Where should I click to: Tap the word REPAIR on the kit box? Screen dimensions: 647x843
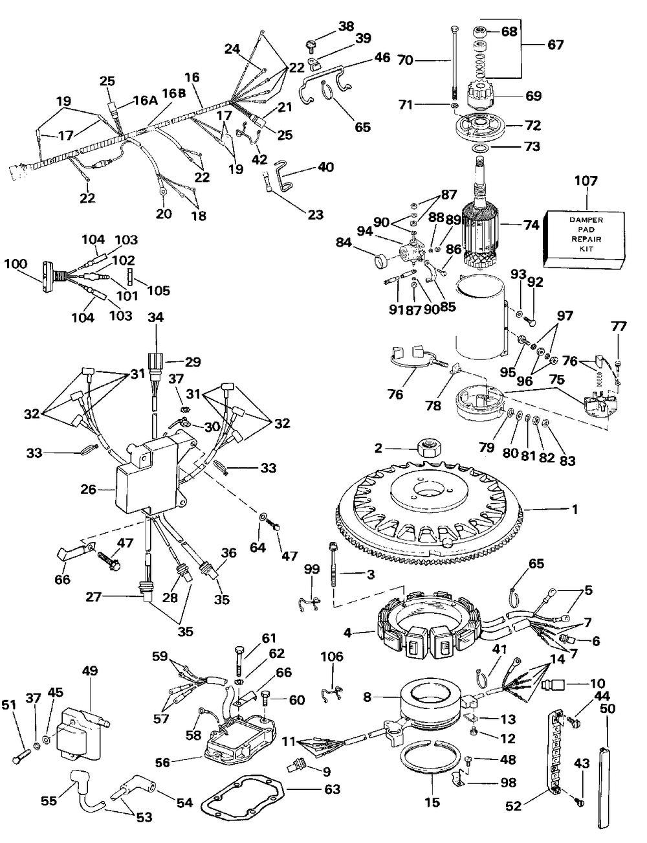coord(586,239)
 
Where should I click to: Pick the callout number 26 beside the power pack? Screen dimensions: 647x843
coord(88,489)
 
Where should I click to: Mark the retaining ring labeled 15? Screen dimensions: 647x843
coord(432,755)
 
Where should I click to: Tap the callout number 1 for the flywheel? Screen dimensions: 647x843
coord(575,509)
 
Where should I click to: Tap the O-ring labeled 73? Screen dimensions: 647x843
coord(479,148)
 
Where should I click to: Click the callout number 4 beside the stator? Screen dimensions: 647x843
coord(347,633)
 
